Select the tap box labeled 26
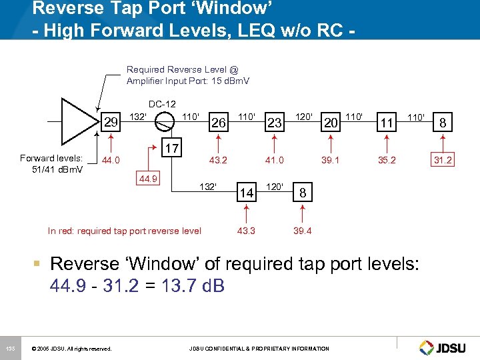[218, 122]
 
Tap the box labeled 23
[274, 122]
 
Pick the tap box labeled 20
[330, 122]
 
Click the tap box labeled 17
[172, 148]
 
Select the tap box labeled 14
[247, 193]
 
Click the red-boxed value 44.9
[148, 178]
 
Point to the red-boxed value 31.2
[443, 160]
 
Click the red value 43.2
[218, 160]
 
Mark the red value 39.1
[330, 160]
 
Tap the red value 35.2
[386, 160]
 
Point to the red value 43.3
[247, 231]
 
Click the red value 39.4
[303, 231]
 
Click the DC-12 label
[162, 104]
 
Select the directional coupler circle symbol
[162, 122]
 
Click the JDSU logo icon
[427, 347]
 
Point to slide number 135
[10, 348]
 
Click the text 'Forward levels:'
[51, 158]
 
